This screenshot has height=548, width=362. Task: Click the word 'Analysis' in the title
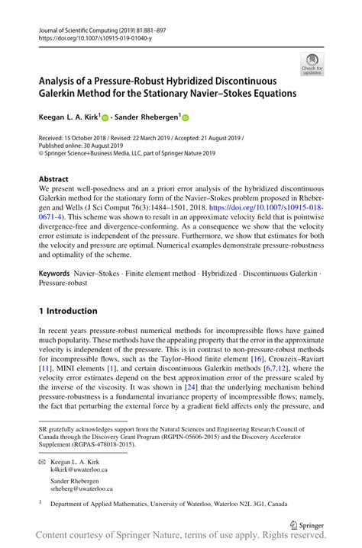tap(62, 79)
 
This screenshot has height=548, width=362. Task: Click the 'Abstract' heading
tap(54, 179)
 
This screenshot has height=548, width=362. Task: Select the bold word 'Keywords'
tap(59, 272)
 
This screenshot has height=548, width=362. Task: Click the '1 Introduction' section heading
tap(68, 311)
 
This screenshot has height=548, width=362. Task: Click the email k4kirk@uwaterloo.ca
tap(80, 471)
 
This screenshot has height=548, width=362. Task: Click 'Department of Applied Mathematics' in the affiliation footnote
tap(99, 504)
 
